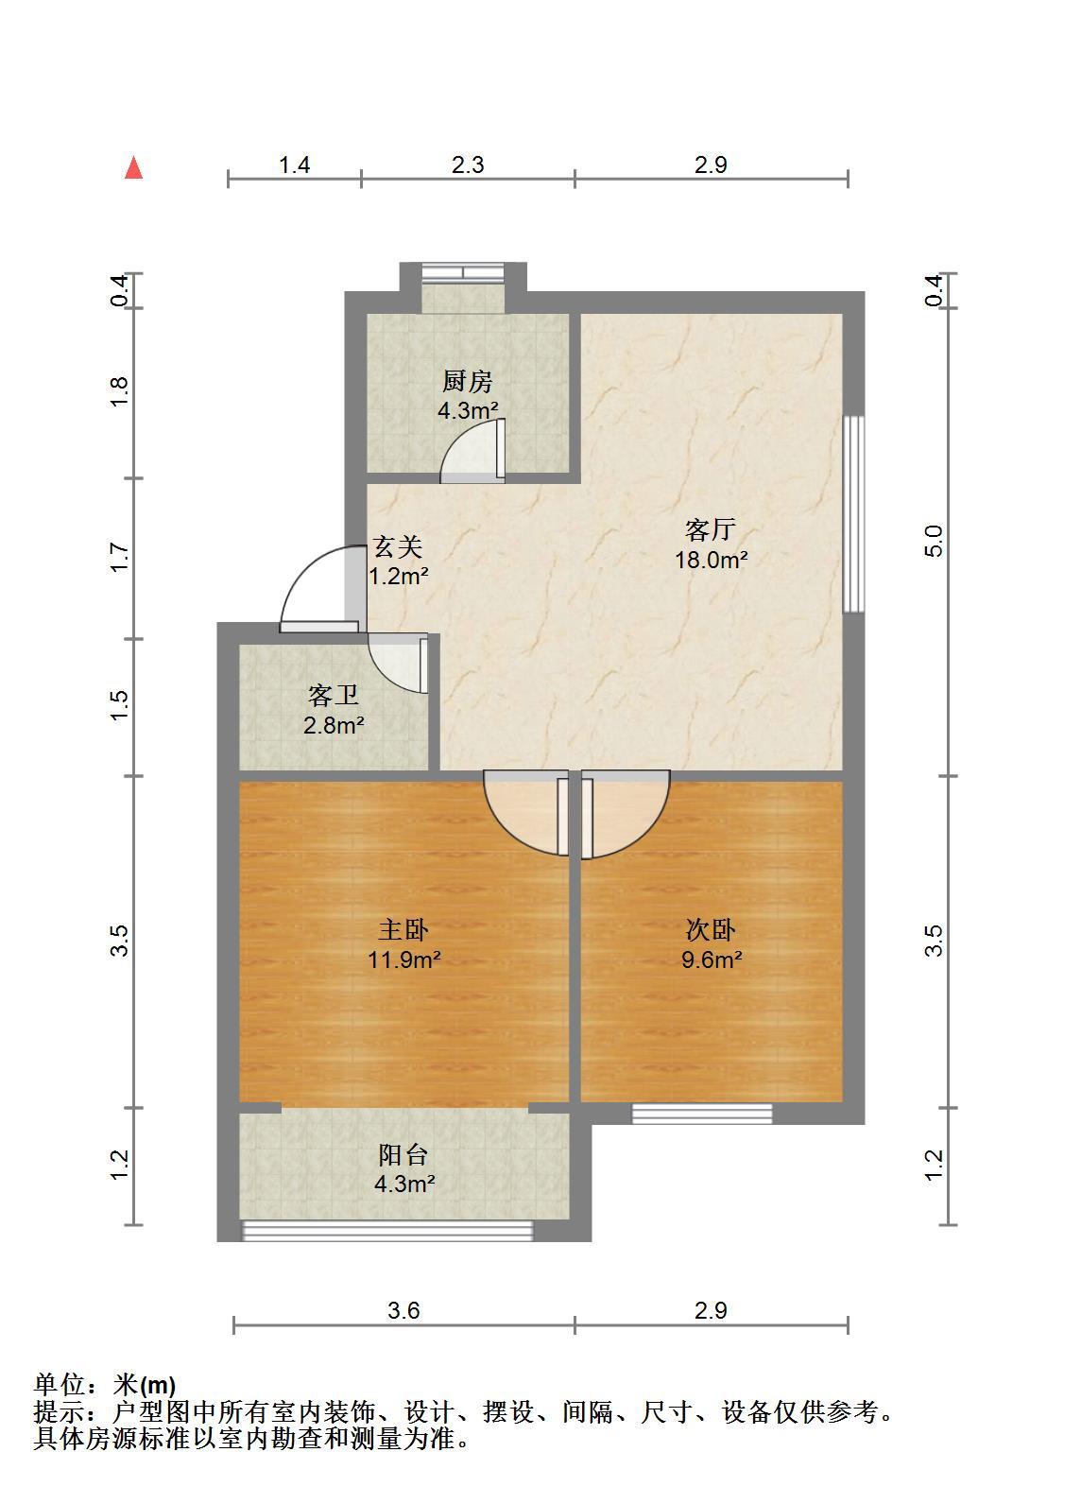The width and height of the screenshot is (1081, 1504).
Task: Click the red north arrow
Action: (133, 168)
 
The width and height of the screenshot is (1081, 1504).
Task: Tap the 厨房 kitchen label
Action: (467, 381)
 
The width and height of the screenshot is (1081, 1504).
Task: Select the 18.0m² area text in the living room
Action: (712, 560)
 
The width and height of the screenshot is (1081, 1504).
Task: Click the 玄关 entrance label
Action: (398, 546)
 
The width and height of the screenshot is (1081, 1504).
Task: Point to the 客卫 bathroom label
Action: (334, 695)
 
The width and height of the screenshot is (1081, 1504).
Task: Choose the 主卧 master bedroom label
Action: (403, 930)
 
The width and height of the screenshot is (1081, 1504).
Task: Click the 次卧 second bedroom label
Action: (711, 930)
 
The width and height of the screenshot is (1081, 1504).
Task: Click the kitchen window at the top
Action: (463, 272)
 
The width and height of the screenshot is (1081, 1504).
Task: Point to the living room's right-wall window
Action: (853, 514)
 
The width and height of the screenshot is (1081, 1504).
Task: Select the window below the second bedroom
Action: (702, 1114)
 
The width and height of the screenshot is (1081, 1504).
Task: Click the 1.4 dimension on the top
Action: (294, 165)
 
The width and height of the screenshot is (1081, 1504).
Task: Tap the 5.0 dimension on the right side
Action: (934, 541)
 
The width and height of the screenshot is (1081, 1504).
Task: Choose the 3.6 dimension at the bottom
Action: (403, 1310)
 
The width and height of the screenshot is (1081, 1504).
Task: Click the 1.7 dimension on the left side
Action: (119, 558)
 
